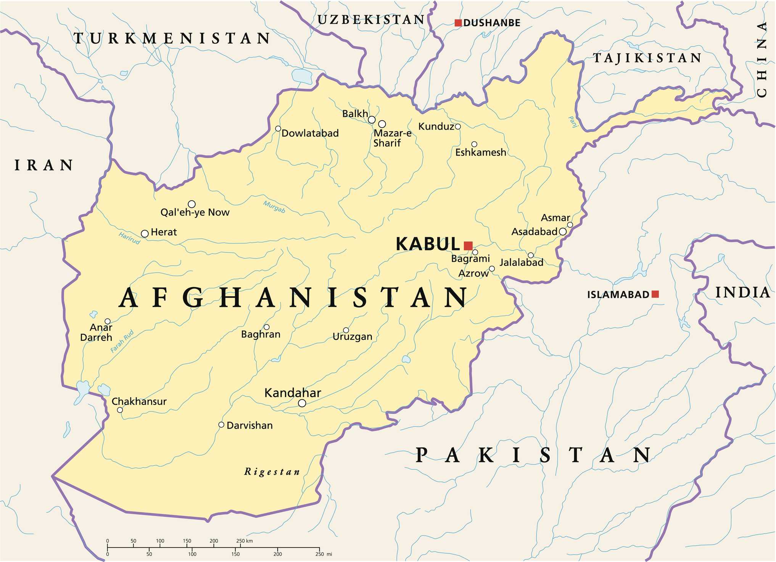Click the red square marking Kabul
(468, 246)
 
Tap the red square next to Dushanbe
(458, 23)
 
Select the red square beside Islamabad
(655, 294)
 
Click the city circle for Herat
(145, 234)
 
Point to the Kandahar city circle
(302, 403)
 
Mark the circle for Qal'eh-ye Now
(192, 204)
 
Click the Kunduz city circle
(458, 127)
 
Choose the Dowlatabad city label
(310, 133)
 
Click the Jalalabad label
(521, 262)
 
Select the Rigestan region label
(272, 472)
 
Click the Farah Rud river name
(122, 341)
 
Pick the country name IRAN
(43, 165)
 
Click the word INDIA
(742, 293)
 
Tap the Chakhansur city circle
(120, 410)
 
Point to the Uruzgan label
(352, 337)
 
